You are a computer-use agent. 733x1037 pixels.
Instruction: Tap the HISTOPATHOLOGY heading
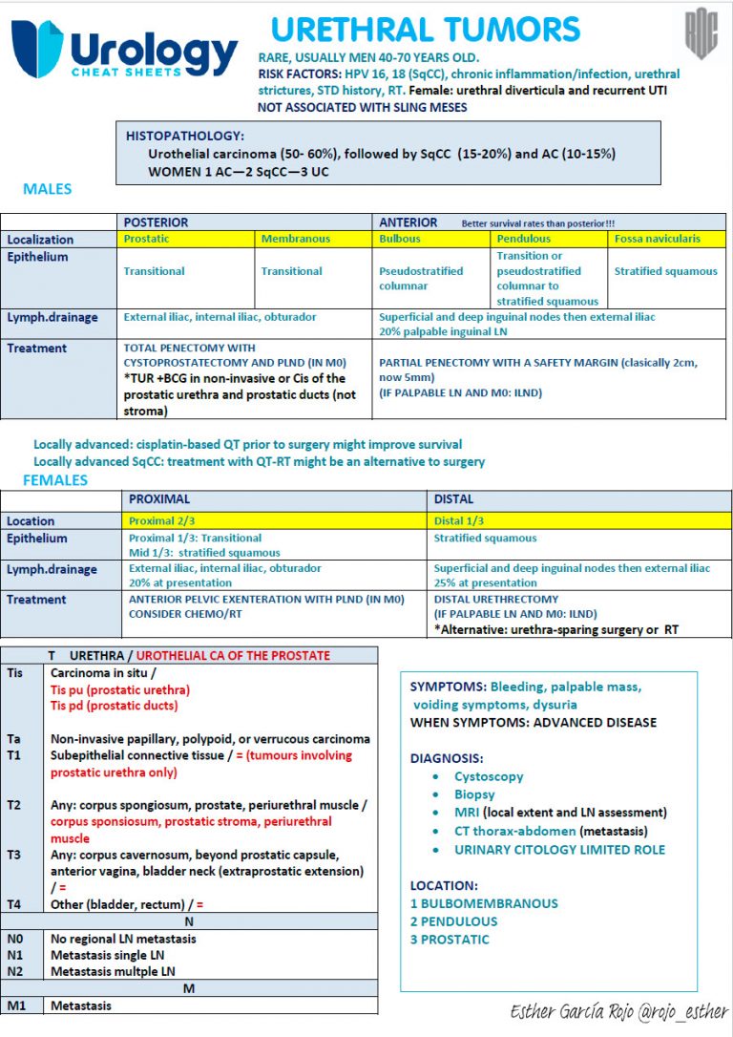point(185,137)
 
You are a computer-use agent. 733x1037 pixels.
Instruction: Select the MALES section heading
point(48,189)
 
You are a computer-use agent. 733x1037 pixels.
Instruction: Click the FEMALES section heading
point(55,479)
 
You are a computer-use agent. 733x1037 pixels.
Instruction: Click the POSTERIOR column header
point(156,222)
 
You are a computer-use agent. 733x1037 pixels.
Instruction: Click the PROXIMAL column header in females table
point(159,499)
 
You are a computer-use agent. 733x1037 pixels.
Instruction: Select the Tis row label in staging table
point(15,672)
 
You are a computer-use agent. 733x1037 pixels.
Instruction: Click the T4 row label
point(15,904)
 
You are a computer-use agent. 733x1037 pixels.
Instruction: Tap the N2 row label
point(15,971)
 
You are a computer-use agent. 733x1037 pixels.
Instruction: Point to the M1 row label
point(15,1005)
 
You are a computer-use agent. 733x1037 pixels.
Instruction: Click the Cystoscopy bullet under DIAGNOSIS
point(488,777)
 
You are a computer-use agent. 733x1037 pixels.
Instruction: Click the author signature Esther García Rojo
point(618,1012)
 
